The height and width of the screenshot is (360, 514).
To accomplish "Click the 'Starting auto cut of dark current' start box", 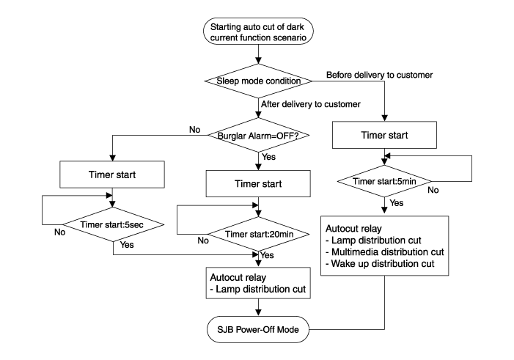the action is (258, 31).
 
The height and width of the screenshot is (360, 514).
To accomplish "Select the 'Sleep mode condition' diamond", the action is (258, 81).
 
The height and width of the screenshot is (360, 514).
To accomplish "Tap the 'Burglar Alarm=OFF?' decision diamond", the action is (258, 136).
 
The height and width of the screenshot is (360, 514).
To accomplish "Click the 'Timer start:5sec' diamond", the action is (113, 224).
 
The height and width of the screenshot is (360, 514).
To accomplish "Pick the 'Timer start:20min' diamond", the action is (259, 234).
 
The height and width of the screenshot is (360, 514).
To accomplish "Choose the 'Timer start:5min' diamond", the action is (384, 181).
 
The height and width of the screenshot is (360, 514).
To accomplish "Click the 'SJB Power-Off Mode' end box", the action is (258, 329).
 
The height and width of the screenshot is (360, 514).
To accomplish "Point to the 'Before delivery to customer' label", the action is (379, 75).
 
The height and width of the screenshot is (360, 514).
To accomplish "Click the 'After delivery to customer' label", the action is (311, 104).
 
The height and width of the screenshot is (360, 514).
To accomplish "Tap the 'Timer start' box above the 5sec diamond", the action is (112, 175).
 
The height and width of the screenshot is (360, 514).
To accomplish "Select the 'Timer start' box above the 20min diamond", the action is (258, 183).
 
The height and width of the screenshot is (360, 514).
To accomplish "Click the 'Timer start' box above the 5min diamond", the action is (384, 135).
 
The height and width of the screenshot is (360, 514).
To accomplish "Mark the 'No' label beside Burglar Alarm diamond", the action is (195, 130).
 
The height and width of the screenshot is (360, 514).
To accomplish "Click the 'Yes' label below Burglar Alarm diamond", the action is (269, 157).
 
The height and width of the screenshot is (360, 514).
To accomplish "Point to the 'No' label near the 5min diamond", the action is (433, 190).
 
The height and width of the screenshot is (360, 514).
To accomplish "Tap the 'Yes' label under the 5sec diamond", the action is (127, 245).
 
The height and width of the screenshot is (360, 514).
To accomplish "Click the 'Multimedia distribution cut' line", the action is (385, 252).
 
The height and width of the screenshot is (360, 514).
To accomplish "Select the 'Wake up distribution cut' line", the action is (380, 264).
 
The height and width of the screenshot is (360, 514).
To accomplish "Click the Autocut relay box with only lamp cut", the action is (258, 283).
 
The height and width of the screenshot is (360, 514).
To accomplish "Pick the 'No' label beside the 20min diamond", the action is (203, 240).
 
